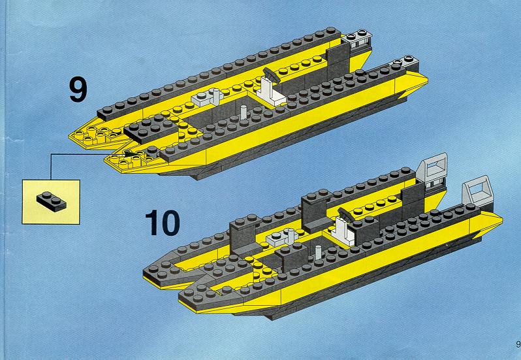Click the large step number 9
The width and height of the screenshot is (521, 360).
pos(78,89)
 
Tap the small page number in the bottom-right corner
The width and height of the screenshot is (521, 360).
pos(518,344)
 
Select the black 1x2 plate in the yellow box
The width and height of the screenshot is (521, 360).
pos(52,202)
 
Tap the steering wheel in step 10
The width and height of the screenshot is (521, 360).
pos(346,215)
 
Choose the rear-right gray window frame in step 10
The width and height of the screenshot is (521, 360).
pos(476,190)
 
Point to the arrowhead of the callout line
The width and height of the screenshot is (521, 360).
pos(129,154)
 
